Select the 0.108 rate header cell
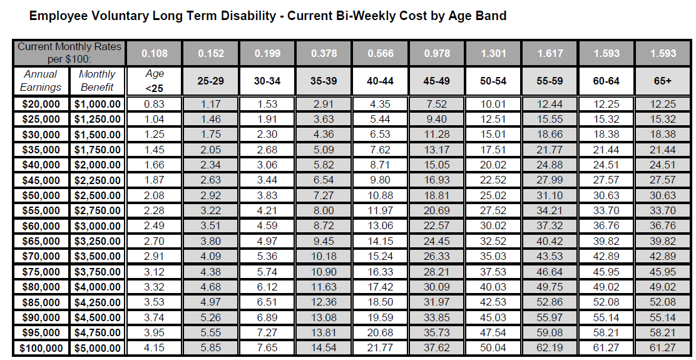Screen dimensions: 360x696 [x=155, y=53]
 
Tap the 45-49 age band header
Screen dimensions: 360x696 [x=437, y=81]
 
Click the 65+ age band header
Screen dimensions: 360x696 [x=663, y=81]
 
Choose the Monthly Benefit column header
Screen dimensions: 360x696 [x=97, y=81]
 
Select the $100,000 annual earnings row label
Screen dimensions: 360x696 [x=40, y=348]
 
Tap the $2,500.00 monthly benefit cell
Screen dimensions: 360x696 [x=97, y=196]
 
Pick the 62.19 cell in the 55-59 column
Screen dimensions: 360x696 [x=550, y=348]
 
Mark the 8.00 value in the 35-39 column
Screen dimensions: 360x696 [x=324, y=211]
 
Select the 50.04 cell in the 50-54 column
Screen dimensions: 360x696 [x=494, y=348]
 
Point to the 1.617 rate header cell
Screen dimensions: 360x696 [x=550, y=53]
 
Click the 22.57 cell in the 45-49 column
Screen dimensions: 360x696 [x=437, y=226]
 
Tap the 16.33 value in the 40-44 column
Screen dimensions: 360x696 [x=381, y=272]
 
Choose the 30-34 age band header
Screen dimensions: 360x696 [x=267, y=81]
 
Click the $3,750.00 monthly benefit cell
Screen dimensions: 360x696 [x=97, y=272]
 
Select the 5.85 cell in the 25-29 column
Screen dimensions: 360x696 [x=211, y=348]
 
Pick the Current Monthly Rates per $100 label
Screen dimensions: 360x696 [x=69, y=53]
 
